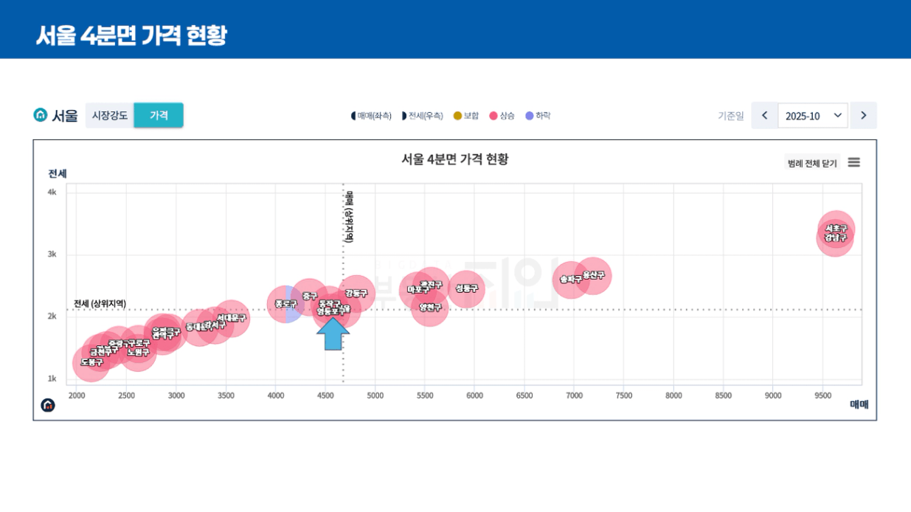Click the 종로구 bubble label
point(285,304)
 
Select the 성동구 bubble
point(466,288)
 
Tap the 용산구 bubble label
point(593,275)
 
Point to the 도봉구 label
point(91,362)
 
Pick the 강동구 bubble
point(356,293)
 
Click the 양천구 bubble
point(429,307)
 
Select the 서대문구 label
point(232,318)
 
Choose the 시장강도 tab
point(110,116)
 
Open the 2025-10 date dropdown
point(812,116)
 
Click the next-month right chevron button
point(863,116)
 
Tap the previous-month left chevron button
point(764,116)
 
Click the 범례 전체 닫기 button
point(811,163)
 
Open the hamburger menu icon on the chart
point(853,162)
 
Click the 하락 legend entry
point(538,116)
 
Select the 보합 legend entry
point(466,116)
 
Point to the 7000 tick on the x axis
point(574,395)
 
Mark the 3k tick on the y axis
point(52,255)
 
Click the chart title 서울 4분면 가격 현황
point(454,159)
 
